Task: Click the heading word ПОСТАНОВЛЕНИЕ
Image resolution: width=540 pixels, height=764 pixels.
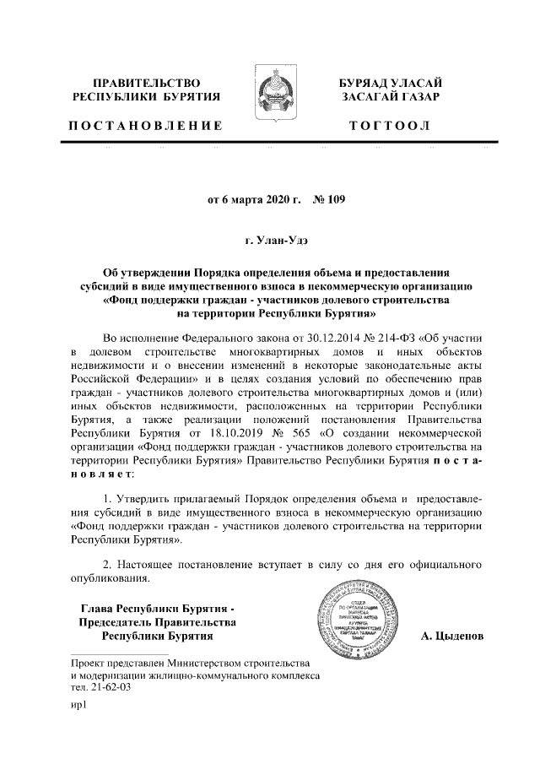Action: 145,126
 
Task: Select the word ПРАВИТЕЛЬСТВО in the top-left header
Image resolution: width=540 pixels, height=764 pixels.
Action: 145,83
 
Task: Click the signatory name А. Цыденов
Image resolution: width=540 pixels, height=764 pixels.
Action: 451,636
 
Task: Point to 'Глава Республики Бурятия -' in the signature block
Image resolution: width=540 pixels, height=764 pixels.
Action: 157,609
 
